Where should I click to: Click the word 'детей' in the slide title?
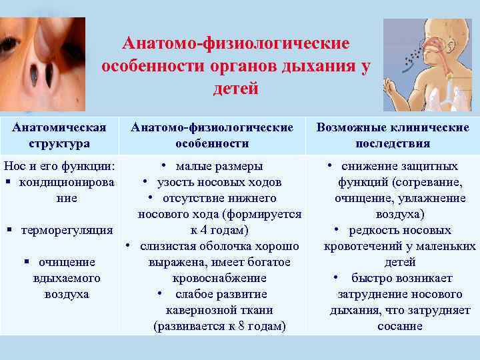(235, 89)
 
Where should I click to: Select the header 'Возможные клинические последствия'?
(393, 135)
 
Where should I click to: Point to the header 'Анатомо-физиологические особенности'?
(212, 135)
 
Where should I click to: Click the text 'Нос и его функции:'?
(59, 166)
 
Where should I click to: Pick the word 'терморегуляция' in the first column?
(67, 230)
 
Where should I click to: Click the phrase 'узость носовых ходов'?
(219, 182)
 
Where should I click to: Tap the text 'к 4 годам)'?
(219, 230)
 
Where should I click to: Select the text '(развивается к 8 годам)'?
(219, 326)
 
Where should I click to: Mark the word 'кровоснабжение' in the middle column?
(219, 278)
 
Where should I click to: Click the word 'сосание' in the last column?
(400, 326)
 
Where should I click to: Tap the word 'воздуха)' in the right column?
(400, 214)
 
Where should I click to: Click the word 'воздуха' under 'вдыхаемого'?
(67, 294)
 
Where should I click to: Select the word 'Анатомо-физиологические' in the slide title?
(235, 43)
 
